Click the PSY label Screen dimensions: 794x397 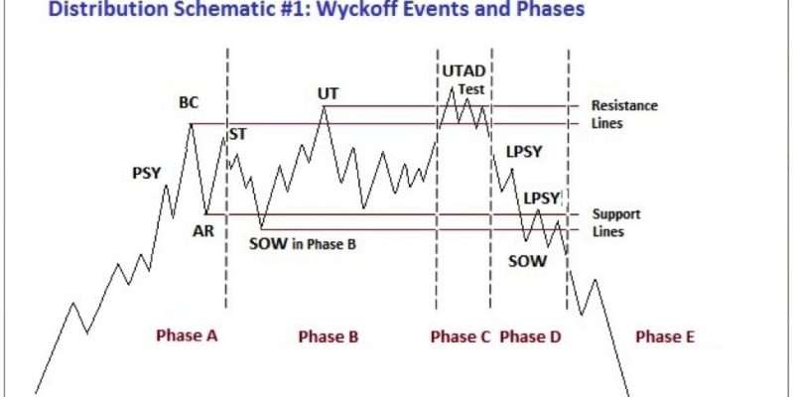click(146, 173)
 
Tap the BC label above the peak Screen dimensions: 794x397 click(189, 103)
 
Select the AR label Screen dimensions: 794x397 click(203, 231)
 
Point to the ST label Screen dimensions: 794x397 click(238, 134)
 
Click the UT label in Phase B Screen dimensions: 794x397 click(329, 93)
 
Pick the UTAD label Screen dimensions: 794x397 click(463, 71)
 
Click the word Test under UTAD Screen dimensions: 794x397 click(471, 89)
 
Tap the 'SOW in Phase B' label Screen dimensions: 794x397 click(303, 244)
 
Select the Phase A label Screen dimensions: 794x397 click(187, 335)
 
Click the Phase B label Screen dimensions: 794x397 click(329, 336)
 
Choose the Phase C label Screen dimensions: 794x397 click(461, 336)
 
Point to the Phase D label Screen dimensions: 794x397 click(530, 336)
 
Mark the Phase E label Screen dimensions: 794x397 click(665, 336)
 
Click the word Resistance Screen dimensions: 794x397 click(625, 106)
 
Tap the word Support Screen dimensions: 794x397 click(616, 214)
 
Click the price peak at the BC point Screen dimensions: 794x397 click(191, 124)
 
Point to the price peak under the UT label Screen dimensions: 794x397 click(325, 106)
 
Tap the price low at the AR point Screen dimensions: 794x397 click(206, 213)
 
